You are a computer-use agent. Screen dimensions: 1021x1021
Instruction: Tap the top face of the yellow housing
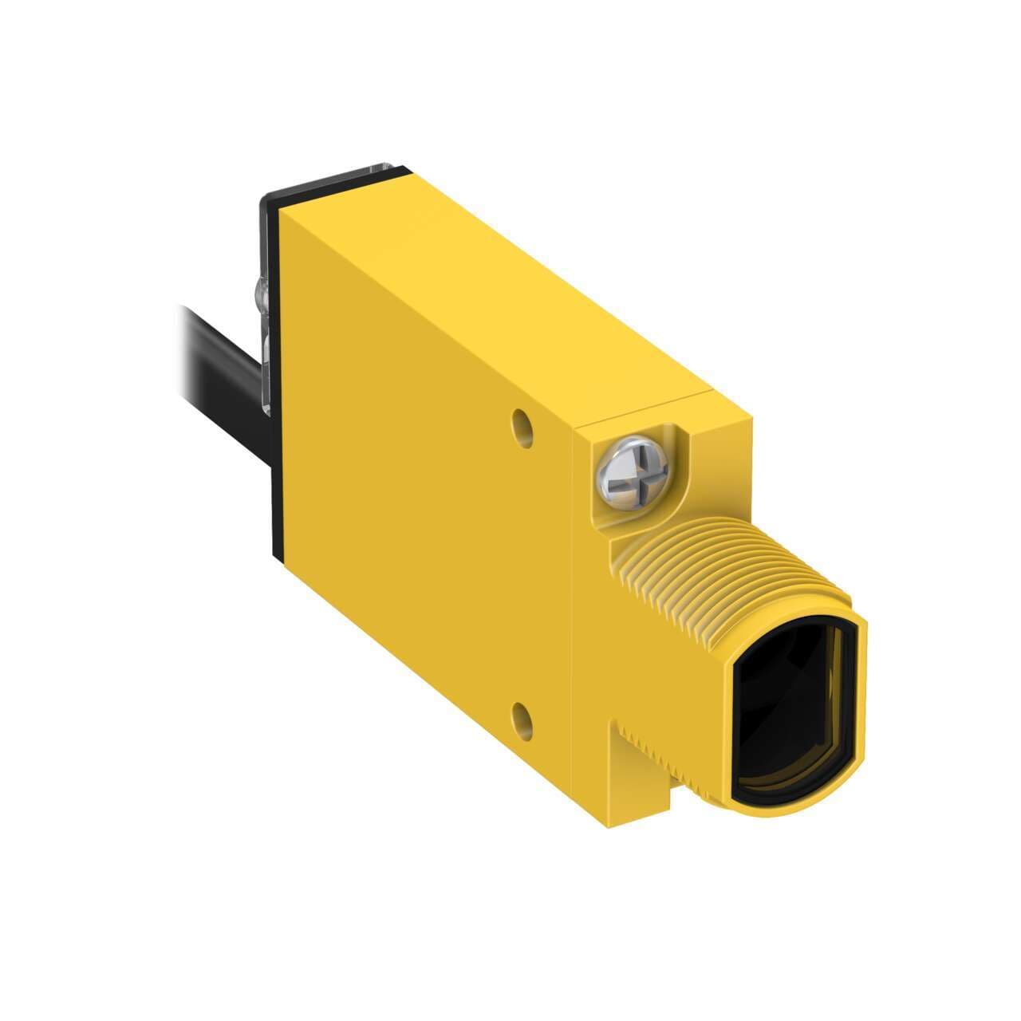510,295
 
